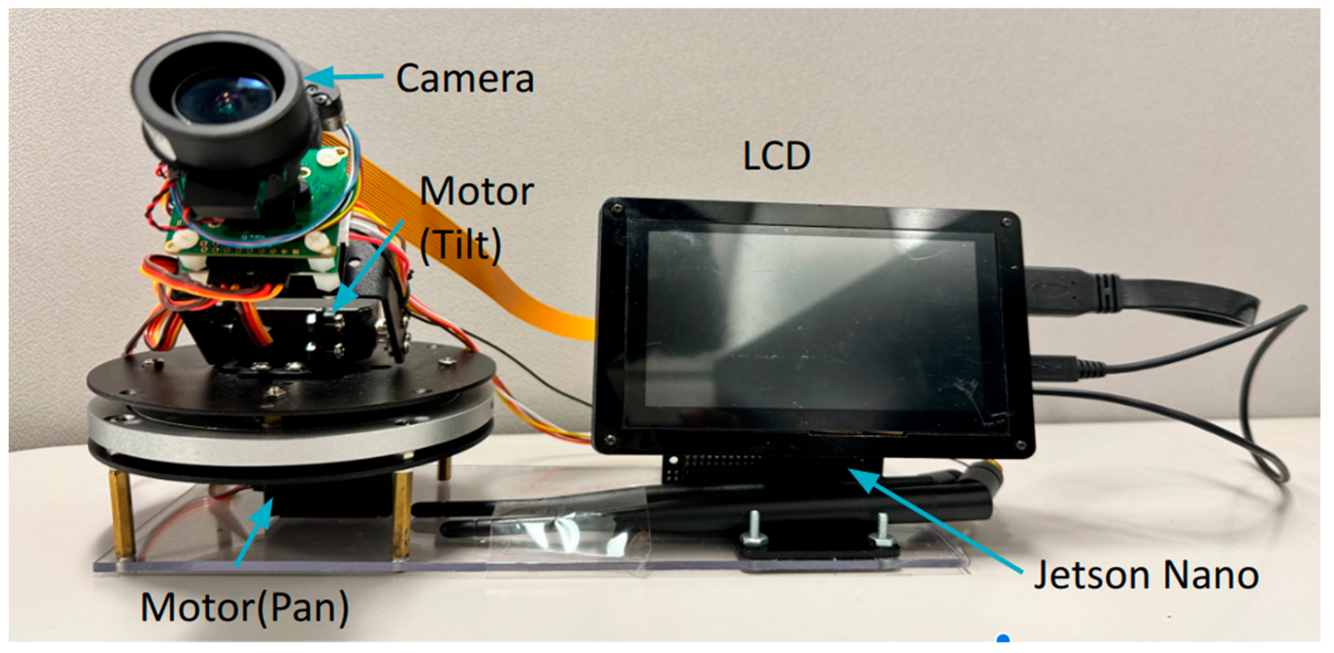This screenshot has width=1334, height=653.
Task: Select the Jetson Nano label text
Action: click(x=1146, y=575)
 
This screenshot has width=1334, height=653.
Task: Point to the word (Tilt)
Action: click(x=460, y=244)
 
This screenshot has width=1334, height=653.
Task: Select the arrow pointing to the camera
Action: click(x=344, y=76)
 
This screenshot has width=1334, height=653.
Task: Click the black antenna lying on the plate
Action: click(x=570, y=512)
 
